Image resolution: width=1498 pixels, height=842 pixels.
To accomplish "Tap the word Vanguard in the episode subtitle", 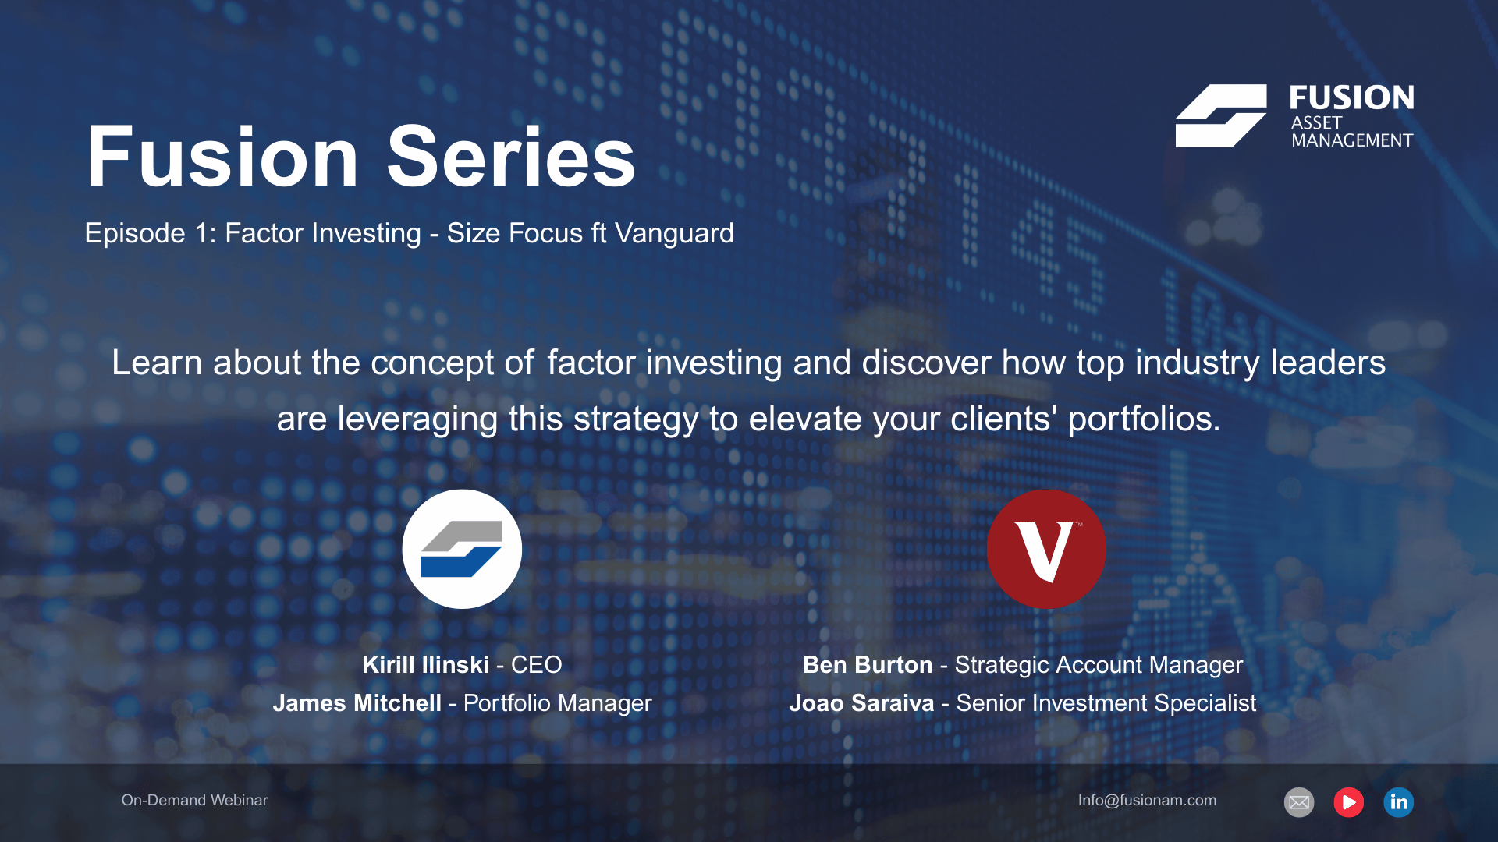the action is tap(674, 233).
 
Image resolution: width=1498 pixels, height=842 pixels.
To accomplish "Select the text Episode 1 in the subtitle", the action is tap(147, 233).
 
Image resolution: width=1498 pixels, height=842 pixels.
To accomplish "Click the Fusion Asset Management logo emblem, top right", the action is tap(1221, 115).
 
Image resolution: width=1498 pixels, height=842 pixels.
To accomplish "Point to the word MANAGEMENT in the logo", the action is tap(1352, 140).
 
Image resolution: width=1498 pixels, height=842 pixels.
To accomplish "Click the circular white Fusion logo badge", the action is tap(462, 549).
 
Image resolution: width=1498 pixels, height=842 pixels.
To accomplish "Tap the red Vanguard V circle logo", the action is tap(1046, 549).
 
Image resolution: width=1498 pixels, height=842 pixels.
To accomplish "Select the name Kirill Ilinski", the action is tap(426, 664).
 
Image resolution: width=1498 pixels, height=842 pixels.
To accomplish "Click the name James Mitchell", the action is tap(357, 702).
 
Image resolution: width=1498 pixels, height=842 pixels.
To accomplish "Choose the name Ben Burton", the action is tap(868, 664).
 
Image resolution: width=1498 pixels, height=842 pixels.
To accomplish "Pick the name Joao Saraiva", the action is tap(861, 702).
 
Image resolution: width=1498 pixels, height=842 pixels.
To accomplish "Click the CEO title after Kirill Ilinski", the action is tap(536, 664).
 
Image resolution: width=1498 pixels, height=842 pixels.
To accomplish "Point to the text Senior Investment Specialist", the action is tap(1106, 702).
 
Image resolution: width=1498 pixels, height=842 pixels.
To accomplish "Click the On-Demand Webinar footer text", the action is tap(194, 800).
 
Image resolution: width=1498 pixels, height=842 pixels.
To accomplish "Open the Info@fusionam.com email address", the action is tap(1147, 800).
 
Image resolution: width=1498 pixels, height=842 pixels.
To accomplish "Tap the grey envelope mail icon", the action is tap(1299, 802).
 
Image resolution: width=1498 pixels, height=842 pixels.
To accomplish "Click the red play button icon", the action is tap(1348, 802).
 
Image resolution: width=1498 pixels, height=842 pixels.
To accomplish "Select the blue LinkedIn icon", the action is tap(1398, 802).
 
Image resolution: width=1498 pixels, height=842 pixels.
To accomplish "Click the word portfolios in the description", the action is tap(1144, 419).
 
